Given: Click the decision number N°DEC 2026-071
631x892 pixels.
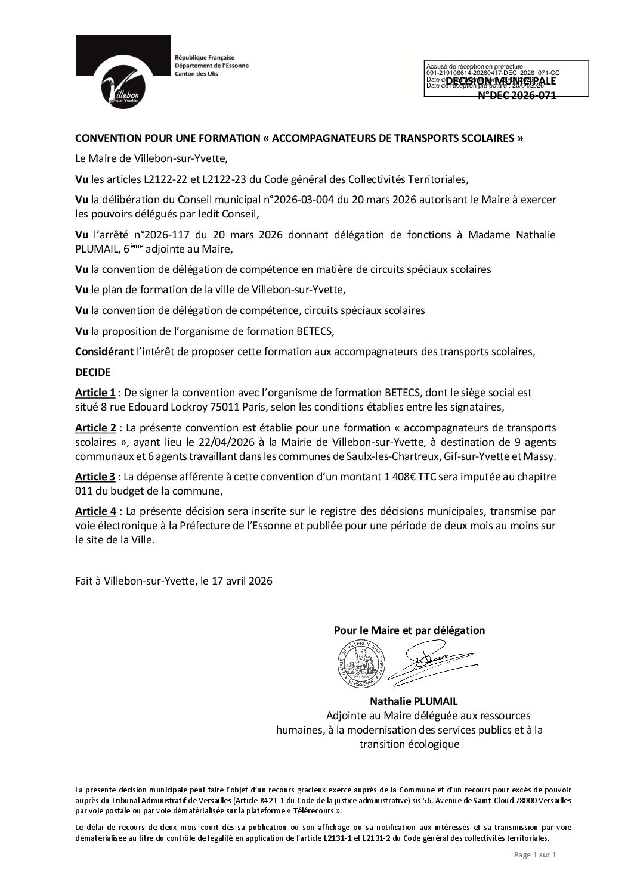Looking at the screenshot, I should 517,95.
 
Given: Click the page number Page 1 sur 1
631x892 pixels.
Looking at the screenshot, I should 534,872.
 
